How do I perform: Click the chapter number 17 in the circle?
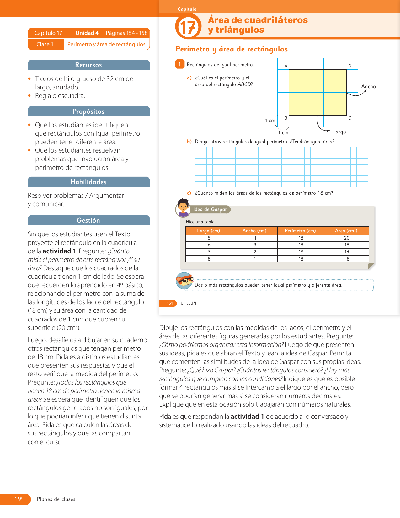click(x=188, y=27)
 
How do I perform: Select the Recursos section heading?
click(x=88, y=65)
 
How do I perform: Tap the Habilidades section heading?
click(x=88, y=182)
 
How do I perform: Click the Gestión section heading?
click(x=88, y=220)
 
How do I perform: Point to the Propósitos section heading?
click(x=88, y=111)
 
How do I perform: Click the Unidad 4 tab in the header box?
click(x=87, y=33)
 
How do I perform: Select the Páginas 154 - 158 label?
click(x=127, y=33)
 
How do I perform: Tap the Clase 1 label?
click(x=45, y=44)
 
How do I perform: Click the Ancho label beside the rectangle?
click(x=368, y=86)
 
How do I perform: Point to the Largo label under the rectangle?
click(x=339, y=132)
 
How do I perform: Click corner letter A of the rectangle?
click(x=286, y=66)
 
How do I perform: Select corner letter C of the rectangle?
click(x=350, y=118)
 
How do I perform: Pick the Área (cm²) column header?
click(x=346, y=231)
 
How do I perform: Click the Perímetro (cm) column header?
click(x=300, y=231)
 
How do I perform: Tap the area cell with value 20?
click(x=347, y=238)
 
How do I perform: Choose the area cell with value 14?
click(x=347, y=252)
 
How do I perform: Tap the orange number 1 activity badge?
click(x=179, y=64)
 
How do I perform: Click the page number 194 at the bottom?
click(x=19, y=499)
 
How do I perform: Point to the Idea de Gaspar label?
click(x=210, y=209)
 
